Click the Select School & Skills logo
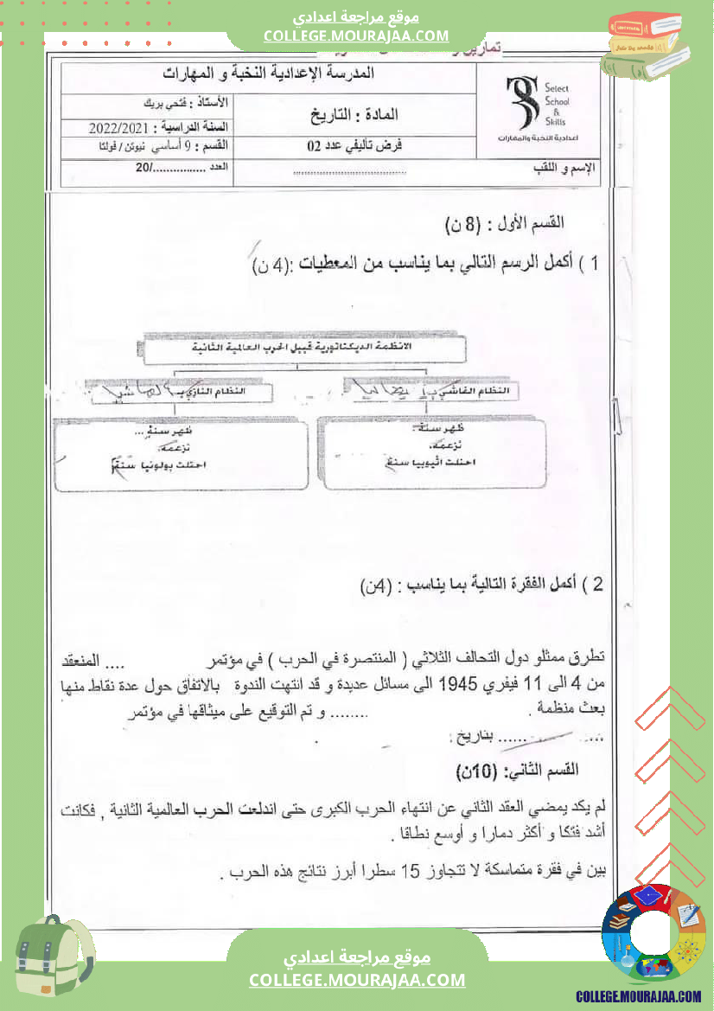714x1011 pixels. coord(538,108)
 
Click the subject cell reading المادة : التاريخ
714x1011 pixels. coord(354,113)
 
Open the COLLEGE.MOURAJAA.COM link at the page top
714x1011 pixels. coord(356,35)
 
